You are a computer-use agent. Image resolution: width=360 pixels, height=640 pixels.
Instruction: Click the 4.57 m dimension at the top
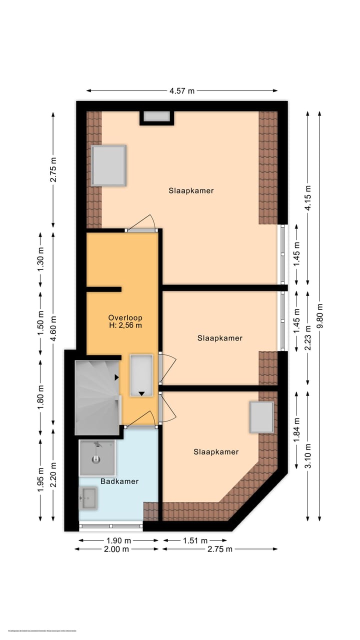coord(182,91)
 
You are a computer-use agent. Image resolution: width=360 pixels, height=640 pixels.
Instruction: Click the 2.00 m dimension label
coord(116,549)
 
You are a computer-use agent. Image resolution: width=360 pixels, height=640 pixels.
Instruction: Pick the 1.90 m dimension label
coord(118,540)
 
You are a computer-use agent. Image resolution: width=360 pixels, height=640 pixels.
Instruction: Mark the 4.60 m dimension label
coord(53,327)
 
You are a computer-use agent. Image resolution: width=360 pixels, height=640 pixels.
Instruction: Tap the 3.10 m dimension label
coord(308,455)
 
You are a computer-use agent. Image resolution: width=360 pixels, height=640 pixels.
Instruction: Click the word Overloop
coord(125,317)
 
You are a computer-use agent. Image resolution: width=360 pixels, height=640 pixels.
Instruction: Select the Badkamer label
coord(119,481)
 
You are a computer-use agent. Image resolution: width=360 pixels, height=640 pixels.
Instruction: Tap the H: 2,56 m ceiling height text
coord(125,325)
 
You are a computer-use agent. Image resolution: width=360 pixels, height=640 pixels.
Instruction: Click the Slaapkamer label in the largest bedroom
coord(191,190)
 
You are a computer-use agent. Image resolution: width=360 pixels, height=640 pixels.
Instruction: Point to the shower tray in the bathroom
coord(97,457)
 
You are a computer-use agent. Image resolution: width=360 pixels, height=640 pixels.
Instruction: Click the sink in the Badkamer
coord(88,498)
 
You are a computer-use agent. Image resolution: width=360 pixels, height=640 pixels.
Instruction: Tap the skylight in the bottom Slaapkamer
coord(261,417)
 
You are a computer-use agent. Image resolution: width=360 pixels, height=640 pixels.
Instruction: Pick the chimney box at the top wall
coord(156,116)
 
